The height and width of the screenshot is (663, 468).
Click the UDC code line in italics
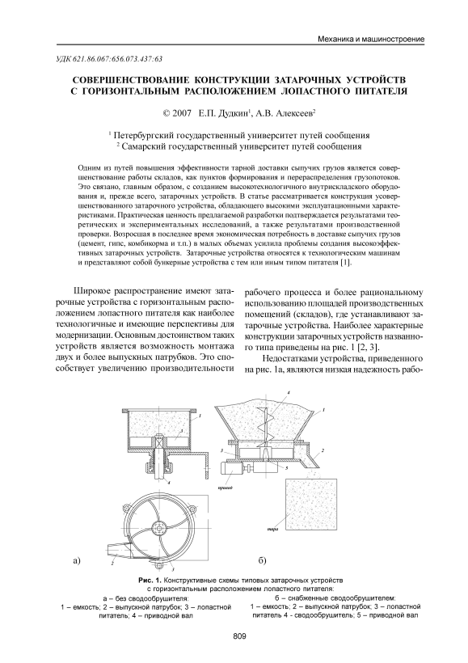pos(103,59)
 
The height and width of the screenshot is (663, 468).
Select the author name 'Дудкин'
pos(234,113)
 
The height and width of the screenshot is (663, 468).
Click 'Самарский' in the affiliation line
pos(140,146)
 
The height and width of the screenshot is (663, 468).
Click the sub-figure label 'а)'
pos(77,561)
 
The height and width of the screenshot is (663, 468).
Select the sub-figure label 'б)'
pos(262,561)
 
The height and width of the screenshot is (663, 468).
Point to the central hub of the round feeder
pos(160,528)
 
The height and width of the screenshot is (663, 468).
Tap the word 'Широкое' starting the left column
pos(89,292)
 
